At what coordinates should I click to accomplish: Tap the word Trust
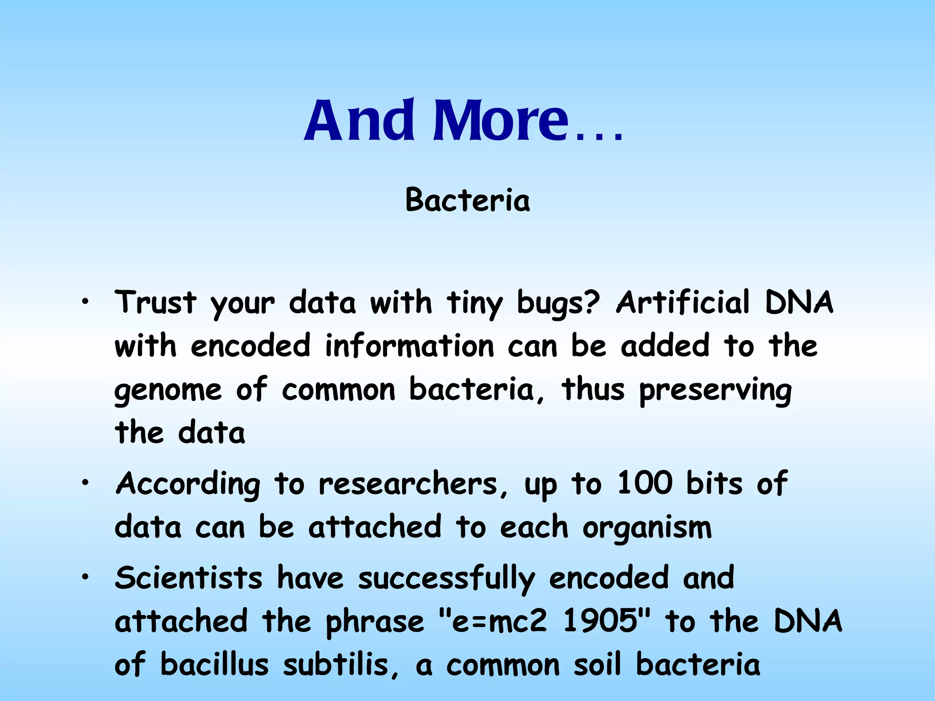click(156, 302)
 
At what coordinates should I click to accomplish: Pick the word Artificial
click(683, 302)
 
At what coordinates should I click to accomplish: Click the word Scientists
click(189, 578)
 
